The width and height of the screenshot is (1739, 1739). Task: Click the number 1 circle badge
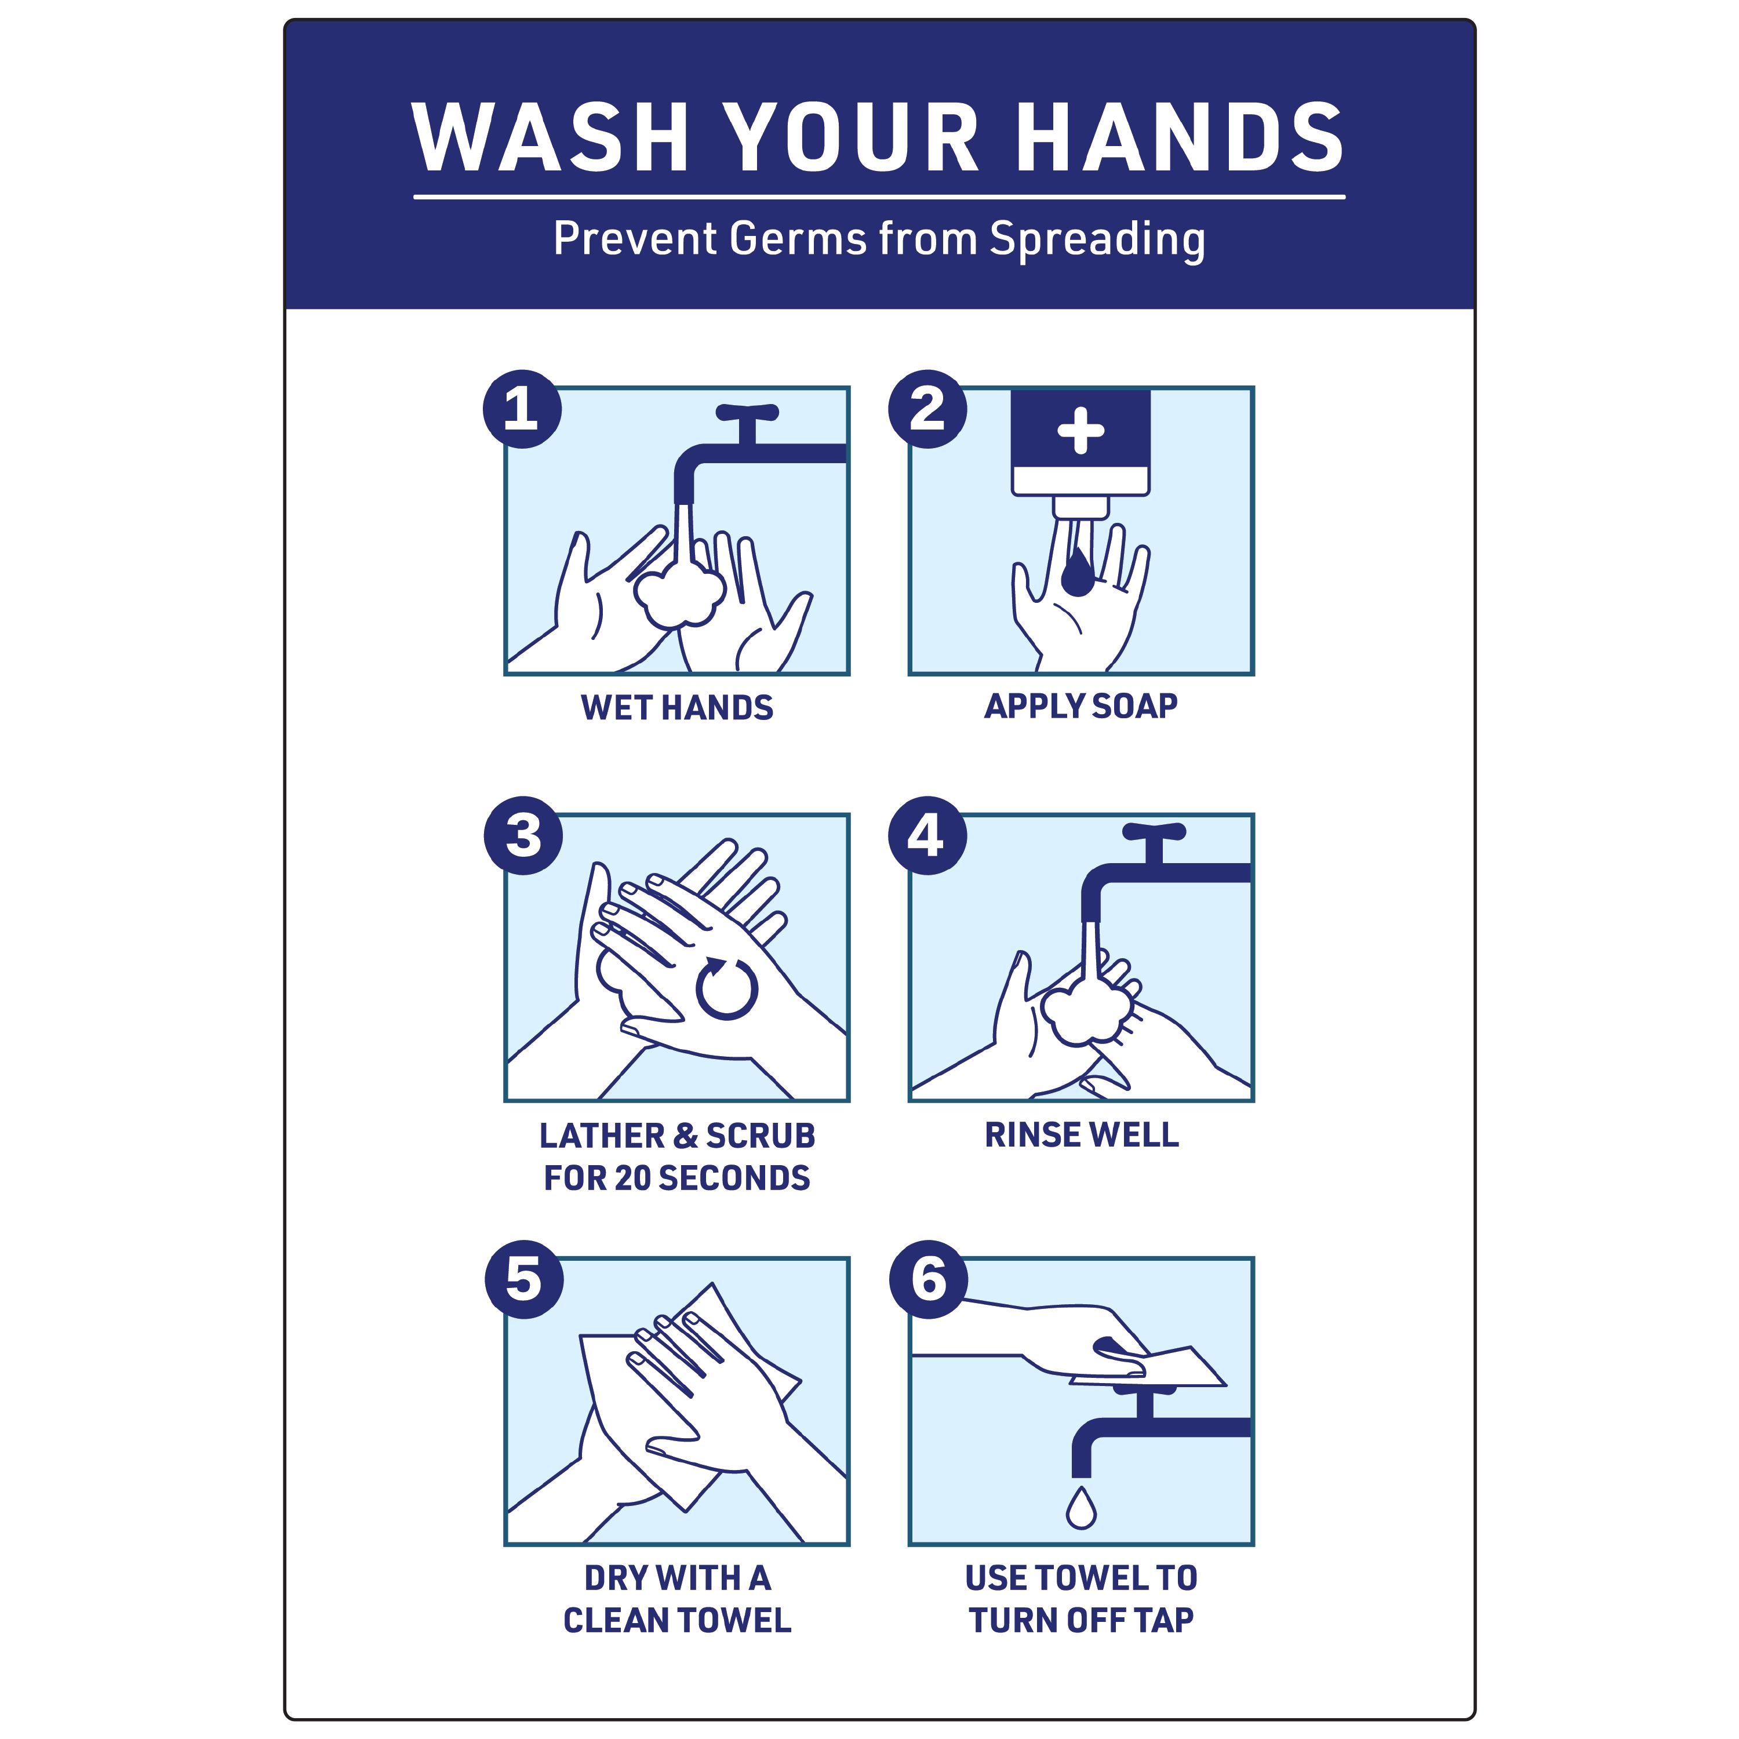coord(522,409)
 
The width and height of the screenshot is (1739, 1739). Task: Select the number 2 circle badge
coord(927,409)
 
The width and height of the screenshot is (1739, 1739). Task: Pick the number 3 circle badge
coord(523,835)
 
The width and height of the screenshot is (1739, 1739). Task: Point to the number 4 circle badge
coord(927,835)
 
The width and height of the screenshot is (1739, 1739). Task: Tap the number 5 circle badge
coord(524,1279)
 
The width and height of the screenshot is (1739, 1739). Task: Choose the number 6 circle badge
coord(928,1279)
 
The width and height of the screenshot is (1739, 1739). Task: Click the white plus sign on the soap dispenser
coord(1080,430)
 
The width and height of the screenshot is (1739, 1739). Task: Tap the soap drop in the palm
coord(1078,575)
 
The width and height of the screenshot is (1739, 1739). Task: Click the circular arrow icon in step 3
coord(726,988)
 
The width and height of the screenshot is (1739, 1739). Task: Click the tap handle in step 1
coord(747,413)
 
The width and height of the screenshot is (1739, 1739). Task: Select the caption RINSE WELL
coord(1081,1135)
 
